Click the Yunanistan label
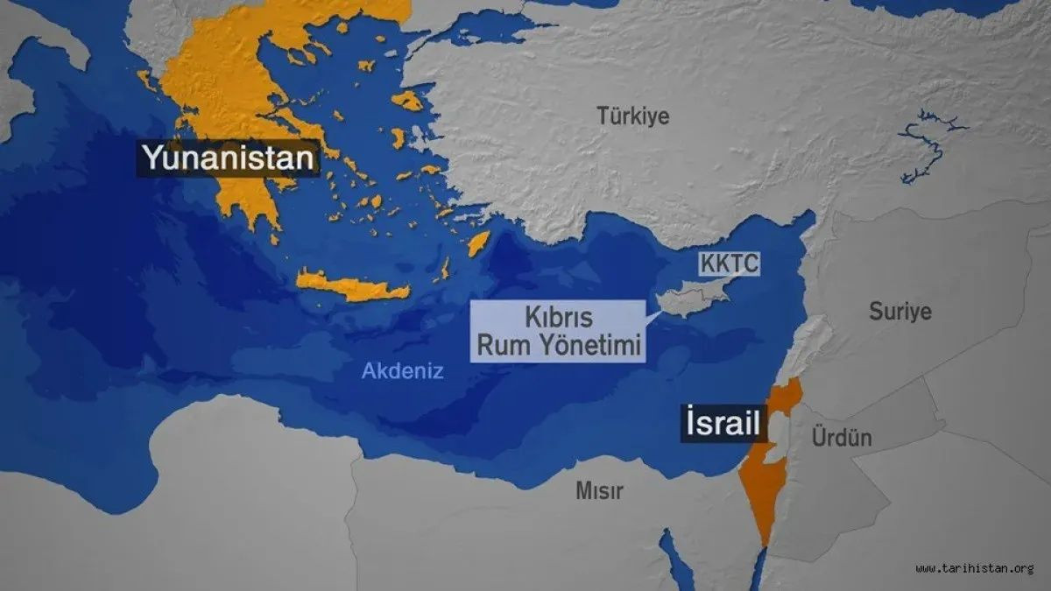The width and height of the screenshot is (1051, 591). point(228,158)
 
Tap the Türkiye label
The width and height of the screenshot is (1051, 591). point(632,115)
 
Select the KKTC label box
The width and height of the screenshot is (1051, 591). point(729,263)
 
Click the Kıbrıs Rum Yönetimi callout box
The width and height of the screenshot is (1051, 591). point(559,331)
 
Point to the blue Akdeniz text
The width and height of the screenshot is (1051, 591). point(403,371)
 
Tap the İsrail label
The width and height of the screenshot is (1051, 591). point(723,425)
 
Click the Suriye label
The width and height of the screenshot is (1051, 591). point(899,311)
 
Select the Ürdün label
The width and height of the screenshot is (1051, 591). point(842,436)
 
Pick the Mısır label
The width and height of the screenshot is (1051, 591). point(599,491)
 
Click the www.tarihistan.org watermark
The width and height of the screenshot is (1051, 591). point(975,568)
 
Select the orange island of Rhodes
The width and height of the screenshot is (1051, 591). point(478,243)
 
